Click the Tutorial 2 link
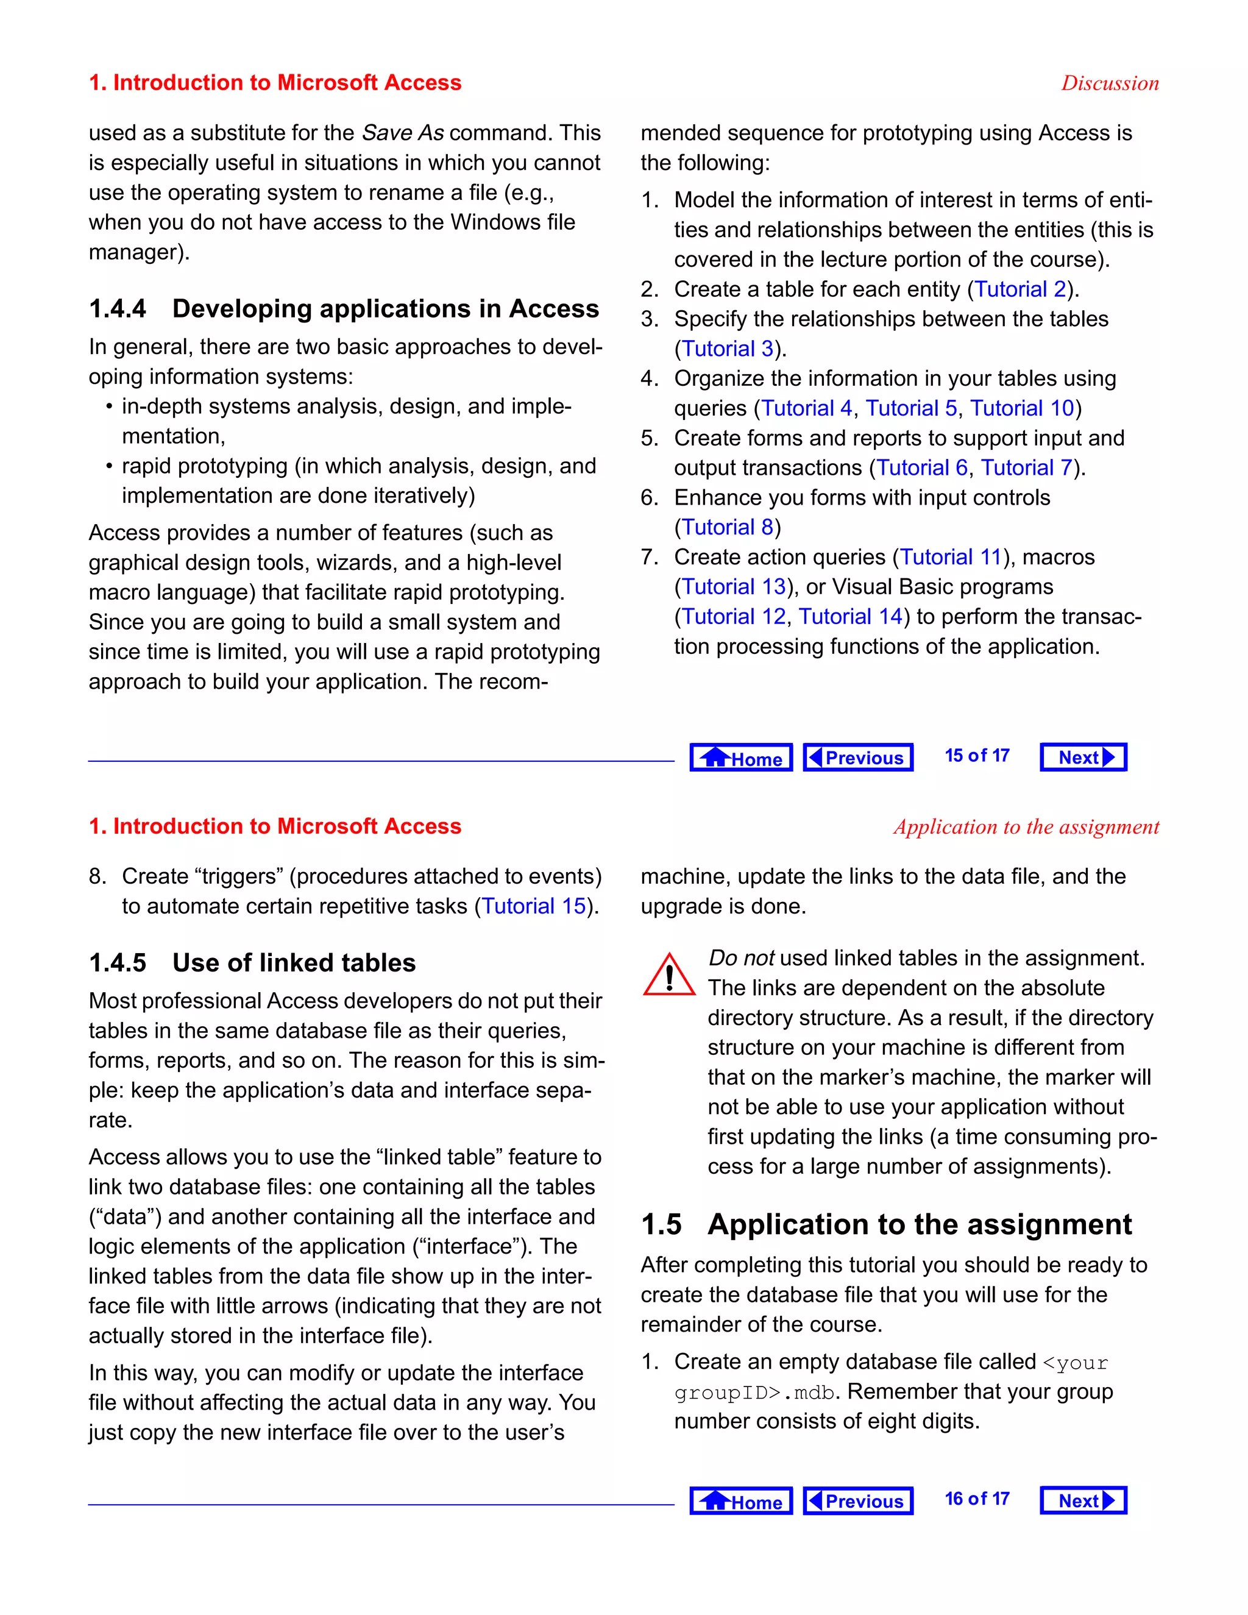click(x=1020, y=289)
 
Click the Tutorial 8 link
click(x=727, y=527)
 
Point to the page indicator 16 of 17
click(x=977, y=1499)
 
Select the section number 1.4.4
click(x=118, y=309)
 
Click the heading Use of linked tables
click(x=294, y=963)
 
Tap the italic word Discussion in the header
click(x=1110, y=83)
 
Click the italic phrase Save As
click(x=403, y=133)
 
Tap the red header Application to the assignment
click(x=1026, y=827)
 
